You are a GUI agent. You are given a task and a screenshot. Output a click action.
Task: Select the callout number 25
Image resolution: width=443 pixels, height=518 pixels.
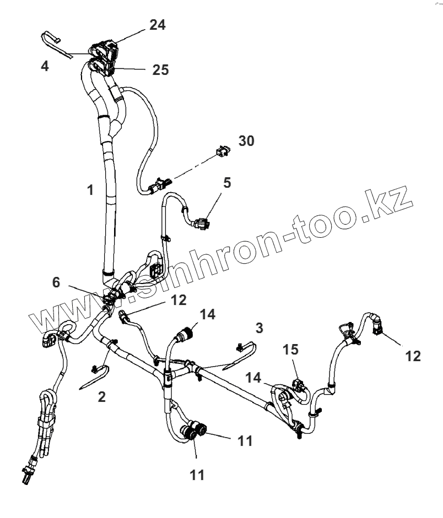pyautogui.click(x=160, y=70)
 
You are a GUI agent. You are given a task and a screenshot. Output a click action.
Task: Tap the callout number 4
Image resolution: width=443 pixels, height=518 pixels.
pyautogui.click(x=45, y=66)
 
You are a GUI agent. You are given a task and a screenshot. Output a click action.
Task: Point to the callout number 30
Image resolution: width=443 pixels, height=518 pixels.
pyautogui.click(x=246, y=141)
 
